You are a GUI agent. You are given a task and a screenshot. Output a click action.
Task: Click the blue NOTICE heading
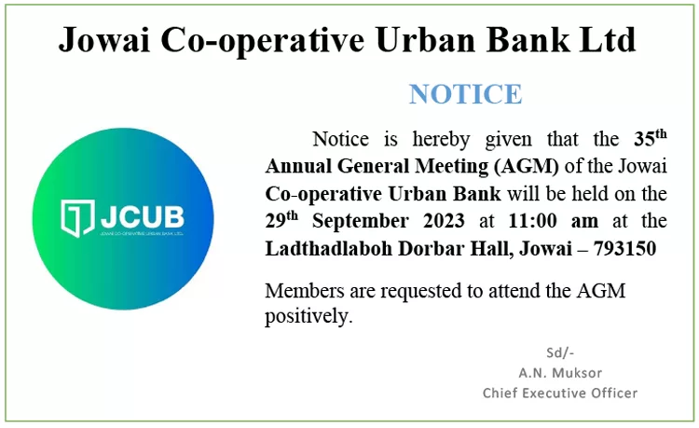pos(465,94)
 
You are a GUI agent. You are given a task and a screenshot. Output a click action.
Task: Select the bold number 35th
pos(651,138)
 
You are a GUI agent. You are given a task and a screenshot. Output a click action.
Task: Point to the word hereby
pos(441,140)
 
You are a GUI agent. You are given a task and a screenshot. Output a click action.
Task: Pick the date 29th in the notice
pos(281,220)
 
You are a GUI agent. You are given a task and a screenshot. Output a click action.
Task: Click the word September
pos(360,222)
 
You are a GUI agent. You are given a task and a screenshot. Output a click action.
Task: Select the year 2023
pos(444,221)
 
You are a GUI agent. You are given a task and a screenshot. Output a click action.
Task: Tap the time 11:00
pos(532,221)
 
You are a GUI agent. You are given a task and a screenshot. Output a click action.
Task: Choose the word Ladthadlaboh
pos(329,248)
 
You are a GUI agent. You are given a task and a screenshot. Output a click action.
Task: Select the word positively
pos(308,317)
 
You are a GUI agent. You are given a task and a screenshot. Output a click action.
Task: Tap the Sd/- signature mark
pos(560,352)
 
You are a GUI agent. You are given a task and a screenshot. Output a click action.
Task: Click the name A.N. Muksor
pos(560,373)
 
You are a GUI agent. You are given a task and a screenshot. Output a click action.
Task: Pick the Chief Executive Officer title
pos(560,393)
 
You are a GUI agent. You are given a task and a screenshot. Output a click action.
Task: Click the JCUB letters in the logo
pos(143,216)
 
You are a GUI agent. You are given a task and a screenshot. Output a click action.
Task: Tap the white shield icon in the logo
pos(77,218)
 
